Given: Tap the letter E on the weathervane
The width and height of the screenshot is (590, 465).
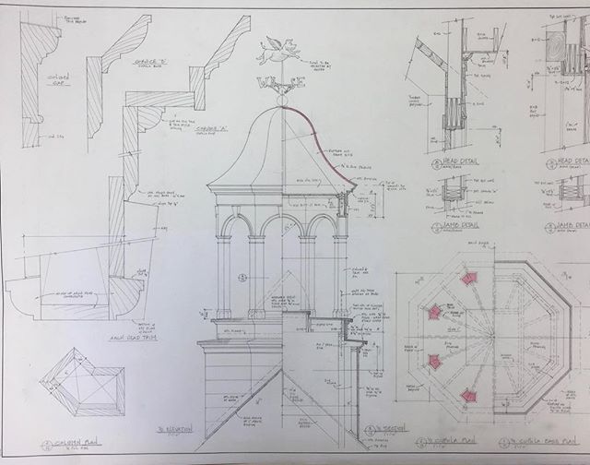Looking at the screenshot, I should [301, 82].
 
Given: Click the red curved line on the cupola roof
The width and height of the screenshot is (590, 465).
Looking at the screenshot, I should [324, 138].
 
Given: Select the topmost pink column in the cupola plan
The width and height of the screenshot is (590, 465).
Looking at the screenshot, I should [469, 279].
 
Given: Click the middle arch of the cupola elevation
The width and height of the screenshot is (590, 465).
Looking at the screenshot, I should [281, 231].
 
